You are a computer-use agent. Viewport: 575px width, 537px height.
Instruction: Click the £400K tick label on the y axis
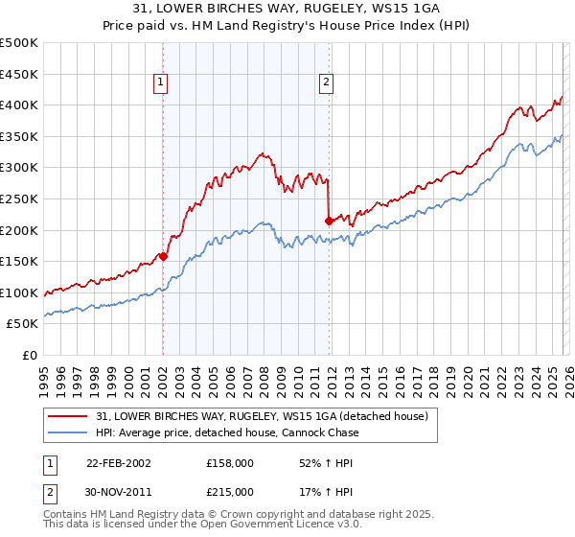[19, 105]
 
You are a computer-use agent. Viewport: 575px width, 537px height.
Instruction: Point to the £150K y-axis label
[19, 261]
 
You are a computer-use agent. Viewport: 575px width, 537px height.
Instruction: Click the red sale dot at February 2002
[164, 256]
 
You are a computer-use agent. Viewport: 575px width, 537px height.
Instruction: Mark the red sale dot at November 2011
[329, 221]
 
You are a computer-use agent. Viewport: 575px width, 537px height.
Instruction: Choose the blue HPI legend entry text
[227, 432]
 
